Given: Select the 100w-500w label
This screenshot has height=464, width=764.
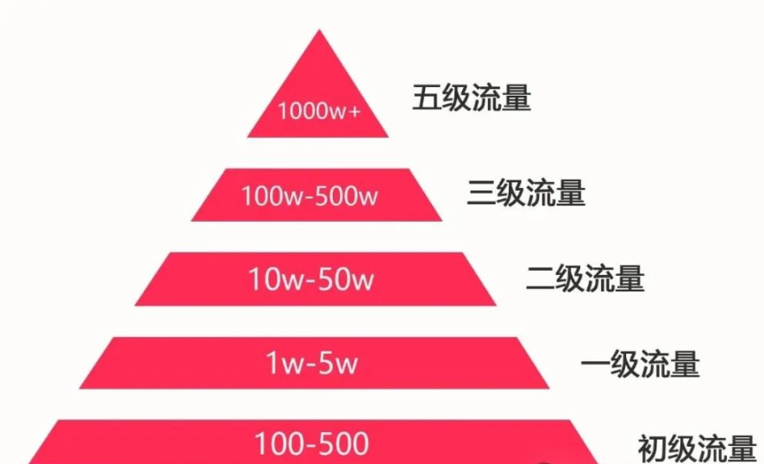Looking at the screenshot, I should (x=310, y=196).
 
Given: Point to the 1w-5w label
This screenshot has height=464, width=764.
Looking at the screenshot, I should (x=311, y=363).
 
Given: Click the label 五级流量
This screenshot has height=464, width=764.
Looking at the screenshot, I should (x=471, y=98).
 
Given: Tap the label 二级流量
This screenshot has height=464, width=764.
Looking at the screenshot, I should (x=585, y=279).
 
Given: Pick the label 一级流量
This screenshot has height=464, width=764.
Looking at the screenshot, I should (x=639, y=364).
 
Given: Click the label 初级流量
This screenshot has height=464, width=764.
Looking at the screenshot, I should (x=697, y=448).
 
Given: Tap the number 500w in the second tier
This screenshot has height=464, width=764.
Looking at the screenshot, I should (x=351, y=196).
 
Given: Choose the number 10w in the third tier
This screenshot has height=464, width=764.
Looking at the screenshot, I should (x=271, y=279).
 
